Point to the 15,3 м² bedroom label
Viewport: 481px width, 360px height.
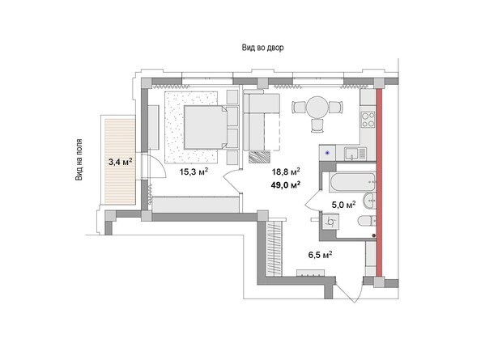click(x=194, y=171)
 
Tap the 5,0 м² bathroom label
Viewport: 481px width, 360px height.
click(x=344, y=205)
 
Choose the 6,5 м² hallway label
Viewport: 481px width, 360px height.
click(x=321, y=254)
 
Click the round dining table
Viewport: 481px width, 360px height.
click(x=313, y=108)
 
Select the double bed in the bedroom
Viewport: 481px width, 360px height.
click(x=202, y=125)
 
